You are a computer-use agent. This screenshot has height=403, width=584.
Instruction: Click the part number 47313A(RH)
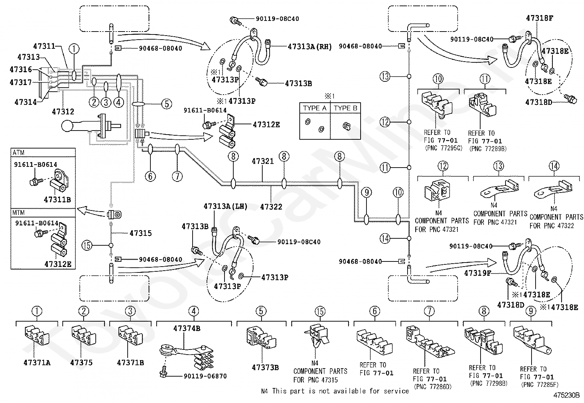tap(310, 47)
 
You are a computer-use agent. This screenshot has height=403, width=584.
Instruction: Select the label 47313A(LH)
tap(226, 206)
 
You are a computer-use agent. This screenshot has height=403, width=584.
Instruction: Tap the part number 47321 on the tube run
tap(263, 161)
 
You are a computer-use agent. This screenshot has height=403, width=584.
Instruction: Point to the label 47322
tap(271, 207)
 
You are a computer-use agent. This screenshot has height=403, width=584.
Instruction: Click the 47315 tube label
tap(140, 233)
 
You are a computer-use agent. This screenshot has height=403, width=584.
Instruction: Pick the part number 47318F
tap(539, 18)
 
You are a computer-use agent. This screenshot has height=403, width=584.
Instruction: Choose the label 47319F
tap(478, 273)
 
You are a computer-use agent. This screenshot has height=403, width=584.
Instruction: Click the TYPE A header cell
tap(315, 108)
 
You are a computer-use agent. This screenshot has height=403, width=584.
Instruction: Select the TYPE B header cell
tap(346, 108)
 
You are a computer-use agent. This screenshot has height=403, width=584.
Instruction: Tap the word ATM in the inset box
tap(18, 153)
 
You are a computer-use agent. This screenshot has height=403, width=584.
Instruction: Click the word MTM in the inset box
tap(18, 213)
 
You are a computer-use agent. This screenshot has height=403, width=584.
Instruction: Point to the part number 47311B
tap(57, 200)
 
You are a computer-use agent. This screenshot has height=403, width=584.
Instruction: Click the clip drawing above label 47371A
tap(37, 337)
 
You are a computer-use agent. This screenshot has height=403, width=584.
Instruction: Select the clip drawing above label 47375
tap(83, 336)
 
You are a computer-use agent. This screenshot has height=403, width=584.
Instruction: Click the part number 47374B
tap(187, 329)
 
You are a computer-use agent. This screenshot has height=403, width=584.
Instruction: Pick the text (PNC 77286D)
tap(432, 386)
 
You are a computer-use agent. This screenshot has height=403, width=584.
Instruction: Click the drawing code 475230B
tap(566, 395)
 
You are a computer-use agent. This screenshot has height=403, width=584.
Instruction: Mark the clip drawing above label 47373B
tap(261, 338)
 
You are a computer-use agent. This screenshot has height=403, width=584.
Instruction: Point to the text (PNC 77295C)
tap(444, 148)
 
